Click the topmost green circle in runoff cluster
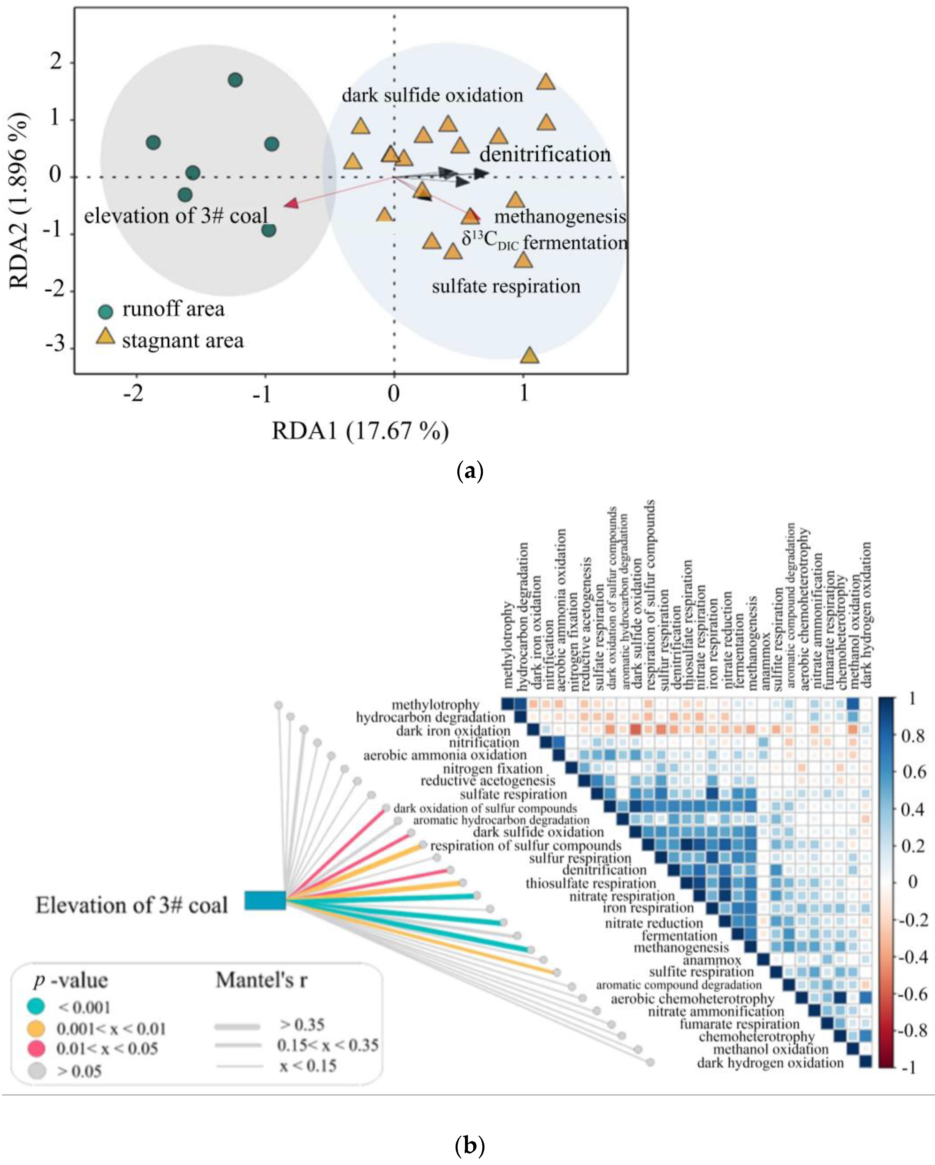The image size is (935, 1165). coord(235,80)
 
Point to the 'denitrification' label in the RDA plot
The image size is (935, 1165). coord(545,155)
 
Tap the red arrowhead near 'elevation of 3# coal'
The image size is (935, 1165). coord(291,204)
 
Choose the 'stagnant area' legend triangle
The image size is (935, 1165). coord(105,338)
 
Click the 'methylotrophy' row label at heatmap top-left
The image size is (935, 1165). coord(435,705)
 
